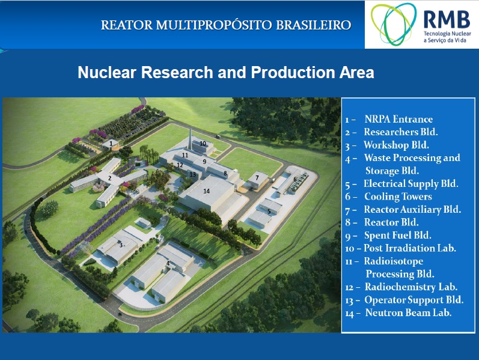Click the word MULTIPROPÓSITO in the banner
click(x=213, y=25)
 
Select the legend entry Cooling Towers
click(x=389, y=197)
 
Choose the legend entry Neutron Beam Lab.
click(x=398, y=313)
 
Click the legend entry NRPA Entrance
click(x=389, y=119)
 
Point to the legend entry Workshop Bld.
click(x=387, y=145)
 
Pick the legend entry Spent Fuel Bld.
click(x=388, y=236)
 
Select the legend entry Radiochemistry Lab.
click(x=401, y=287)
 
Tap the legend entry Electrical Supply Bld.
click(x=401, y=184)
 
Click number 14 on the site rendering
click(x=207, y=191)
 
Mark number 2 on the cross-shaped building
click(x=109, y=178)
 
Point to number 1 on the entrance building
click(x=111, y=143)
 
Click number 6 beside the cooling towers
click(x=295, y=179)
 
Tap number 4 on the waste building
click(x=168, y=263)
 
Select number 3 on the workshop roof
click(x=121, y=245)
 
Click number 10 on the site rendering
click(x=203, y=143)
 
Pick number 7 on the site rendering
click(x=257, y=177)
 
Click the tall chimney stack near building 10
click(x=190, y=139)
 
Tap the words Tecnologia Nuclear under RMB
click(x=447, y=34)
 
